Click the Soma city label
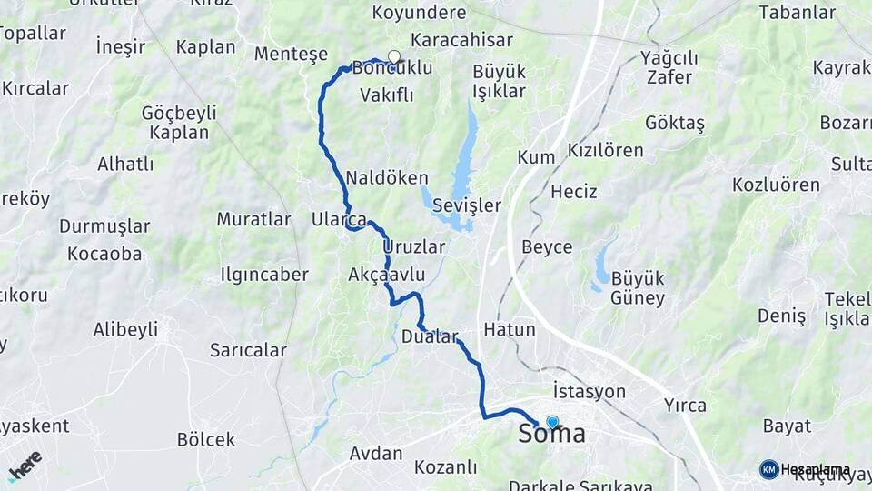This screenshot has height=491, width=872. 552,436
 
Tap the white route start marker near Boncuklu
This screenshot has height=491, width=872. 394,57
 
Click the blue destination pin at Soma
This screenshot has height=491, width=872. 551,422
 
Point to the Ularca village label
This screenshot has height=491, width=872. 339,219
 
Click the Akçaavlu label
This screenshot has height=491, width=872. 387,274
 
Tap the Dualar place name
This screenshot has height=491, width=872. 430,336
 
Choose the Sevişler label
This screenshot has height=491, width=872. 466,205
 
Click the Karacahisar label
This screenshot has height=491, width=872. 461,40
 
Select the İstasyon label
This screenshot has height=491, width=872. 589,391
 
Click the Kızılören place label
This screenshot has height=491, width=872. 605,150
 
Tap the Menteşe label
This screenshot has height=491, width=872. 291,54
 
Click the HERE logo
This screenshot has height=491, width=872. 25,465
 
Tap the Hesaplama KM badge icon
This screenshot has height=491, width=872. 768,469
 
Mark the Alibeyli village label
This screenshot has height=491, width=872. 125,329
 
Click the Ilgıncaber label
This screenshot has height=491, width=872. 264,274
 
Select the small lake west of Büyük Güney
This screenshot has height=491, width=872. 600,266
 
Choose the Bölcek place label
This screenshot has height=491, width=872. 205,439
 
